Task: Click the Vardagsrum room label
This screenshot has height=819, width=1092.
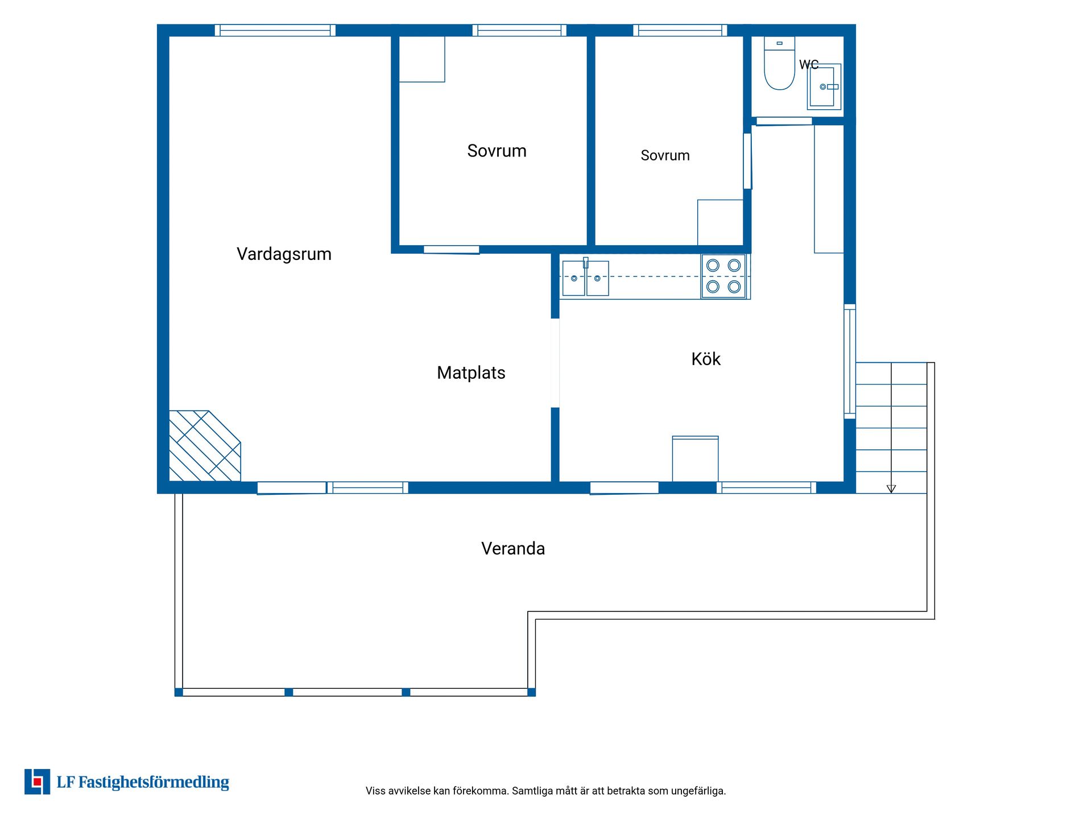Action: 284,254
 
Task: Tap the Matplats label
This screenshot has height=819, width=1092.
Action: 471,373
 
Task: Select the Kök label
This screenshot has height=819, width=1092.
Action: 706,359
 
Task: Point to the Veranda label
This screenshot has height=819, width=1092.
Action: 513,548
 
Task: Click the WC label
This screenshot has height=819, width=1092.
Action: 809,65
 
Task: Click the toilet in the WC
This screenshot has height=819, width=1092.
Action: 779,63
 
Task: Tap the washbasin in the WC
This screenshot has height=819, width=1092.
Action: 824,86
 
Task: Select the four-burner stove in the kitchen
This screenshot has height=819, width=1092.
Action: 723,276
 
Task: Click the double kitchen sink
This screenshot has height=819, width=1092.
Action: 585,278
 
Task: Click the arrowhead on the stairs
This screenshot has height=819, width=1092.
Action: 891,489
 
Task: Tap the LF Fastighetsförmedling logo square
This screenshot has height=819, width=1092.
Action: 37,781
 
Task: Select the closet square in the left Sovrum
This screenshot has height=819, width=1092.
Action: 422,59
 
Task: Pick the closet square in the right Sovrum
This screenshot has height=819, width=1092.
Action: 721,222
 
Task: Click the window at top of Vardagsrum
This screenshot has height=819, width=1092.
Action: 275,30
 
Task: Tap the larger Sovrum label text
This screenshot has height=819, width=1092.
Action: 497,151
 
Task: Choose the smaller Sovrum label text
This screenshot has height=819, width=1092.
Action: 665,155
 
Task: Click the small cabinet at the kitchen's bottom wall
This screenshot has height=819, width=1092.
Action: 695,459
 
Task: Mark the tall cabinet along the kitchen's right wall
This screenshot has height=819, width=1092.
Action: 829,189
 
